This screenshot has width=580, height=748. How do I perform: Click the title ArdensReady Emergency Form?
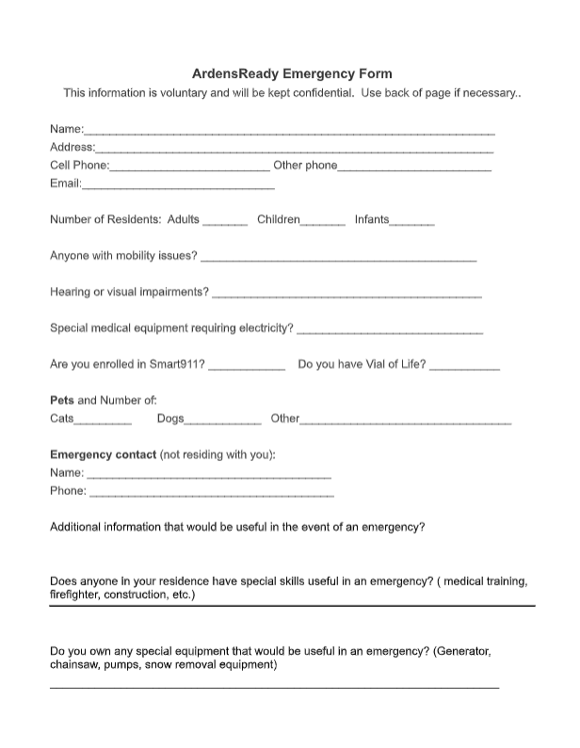[292, 73]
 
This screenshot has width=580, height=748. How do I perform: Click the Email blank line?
[178, 186]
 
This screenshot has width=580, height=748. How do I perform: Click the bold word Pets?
[61, 401]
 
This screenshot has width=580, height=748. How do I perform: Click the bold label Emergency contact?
[103, 455]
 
